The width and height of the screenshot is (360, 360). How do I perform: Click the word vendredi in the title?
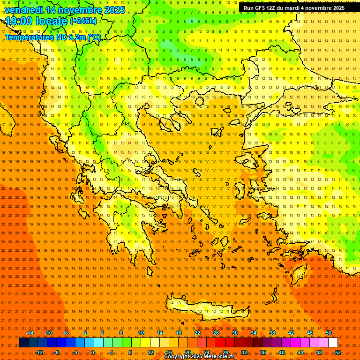point(24,10)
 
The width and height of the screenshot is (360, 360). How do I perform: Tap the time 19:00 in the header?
point(21,21)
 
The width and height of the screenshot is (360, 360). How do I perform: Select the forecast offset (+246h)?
point(83,21)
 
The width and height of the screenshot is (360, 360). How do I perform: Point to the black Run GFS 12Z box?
point(294,8)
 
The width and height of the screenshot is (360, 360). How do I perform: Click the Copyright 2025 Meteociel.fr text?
point(199,357)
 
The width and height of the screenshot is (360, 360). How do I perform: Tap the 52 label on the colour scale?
point(338,352)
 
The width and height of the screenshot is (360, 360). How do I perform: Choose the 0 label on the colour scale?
point(93,352)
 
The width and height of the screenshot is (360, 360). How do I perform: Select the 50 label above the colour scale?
point(329,333)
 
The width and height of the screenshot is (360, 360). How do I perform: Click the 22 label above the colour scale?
point(197,333)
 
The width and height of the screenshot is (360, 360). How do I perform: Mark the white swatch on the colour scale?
point(333,343)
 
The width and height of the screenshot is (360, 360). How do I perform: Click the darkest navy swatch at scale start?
point(23,343)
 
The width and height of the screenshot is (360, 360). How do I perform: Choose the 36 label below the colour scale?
point(263,352)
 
